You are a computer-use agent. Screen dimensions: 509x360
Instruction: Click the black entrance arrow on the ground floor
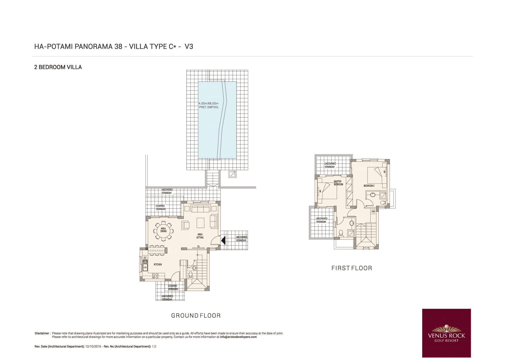coord(223,240)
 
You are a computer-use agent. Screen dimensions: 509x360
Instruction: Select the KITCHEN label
coord(158,265)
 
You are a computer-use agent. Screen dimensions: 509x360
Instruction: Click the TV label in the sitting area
coord(198,246)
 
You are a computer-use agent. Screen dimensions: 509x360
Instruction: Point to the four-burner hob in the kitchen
coord(155,275)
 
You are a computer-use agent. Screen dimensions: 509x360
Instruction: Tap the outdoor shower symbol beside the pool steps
coord(233,174)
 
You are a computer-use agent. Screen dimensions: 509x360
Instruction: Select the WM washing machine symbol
coord(373,211)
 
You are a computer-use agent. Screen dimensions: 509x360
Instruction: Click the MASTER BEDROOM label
coord(338,183)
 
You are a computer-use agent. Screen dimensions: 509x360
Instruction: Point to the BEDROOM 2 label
coord(369,186)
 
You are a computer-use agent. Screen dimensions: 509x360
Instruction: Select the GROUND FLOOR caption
coord(196,316)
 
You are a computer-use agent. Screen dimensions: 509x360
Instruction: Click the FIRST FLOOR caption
coord(352,268)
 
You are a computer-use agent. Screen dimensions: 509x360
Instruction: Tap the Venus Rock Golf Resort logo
coord(446,333)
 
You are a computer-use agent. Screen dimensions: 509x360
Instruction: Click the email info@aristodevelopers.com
coord(238,337)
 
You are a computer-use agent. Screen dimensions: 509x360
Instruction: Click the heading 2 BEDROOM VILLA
coord(58,67)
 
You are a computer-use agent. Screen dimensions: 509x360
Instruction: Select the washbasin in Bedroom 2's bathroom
coord(372,195)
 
